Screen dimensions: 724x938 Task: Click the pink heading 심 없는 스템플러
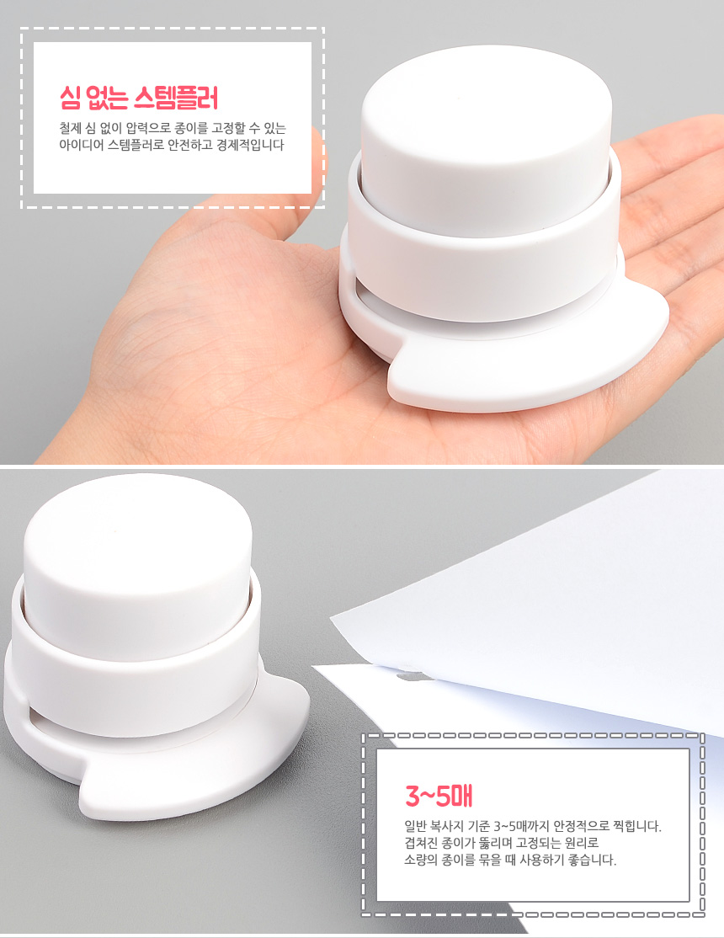click(140, 97)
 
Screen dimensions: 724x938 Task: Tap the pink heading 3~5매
click(439, 795)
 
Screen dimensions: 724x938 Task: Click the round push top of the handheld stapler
click(487, 137)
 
